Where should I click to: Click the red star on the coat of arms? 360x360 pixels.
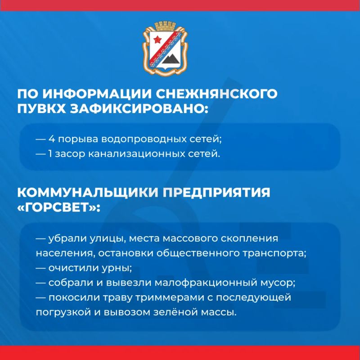coord(158,40)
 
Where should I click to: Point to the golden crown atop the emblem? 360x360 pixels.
coord(165,26)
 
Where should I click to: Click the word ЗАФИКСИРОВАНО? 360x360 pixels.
coord(139,108)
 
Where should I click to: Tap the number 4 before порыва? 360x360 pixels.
coord(52,139)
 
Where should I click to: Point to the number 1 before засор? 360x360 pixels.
coord(50,154)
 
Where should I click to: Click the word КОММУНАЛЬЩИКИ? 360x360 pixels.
coord(88,193)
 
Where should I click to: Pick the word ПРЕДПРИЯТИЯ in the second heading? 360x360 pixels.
coord(216,193)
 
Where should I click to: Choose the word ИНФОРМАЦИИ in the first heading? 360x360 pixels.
coord(97,94)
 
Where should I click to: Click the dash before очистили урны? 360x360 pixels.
coord(41,268)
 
